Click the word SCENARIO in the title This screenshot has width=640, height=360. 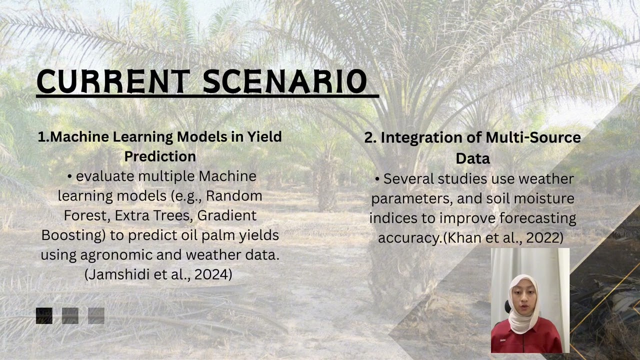(285, 81)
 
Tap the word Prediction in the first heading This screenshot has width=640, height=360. (160, 156)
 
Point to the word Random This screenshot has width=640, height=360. (234, 195)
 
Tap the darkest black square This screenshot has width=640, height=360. (44, 316)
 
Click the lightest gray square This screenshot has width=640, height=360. (96, 316)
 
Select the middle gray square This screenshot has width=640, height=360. (70, 316)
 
